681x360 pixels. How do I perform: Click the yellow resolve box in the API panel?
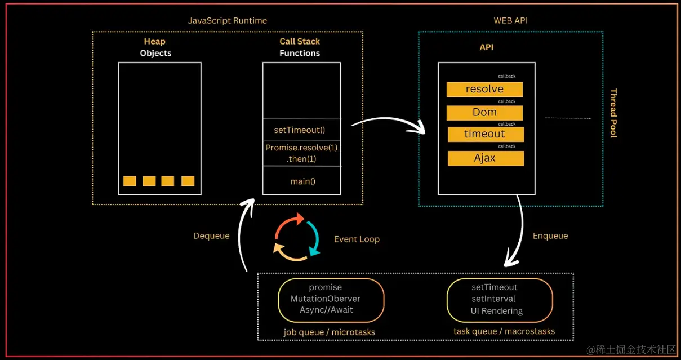point(484,90)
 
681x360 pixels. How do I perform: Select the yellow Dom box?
point(484,113)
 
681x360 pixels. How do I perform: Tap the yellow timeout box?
point(486,135)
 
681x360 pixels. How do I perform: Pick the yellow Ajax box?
point(486,158)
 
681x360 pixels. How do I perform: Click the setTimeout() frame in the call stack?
point(301,130)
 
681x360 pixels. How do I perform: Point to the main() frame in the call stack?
point(301,181)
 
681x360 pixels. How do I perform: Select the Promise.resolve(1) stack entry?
point(301,153)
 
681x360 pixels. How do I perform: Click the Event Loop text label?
point(357,239)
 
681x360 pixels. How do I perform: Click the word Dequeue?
point(211,236)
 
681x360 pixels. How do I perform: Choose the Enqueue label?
point(550,236)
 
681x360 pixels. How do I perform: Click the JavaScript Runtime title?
point(228,21)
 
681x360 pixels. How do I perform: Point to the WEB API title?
point(510,21)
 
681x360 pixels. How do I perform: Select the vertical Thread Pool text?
point(613,113)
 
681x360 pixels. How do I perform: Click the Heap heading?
point(154,41)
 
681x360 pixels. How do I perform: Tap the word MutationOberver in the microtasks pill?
point(326,299)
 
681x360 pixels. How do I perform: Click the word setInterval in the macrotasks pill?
point(493,299)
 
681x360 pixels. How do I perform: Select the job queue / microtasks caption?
point(330,332)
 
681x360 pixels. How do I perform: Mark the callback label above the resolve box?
point(506,76)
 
